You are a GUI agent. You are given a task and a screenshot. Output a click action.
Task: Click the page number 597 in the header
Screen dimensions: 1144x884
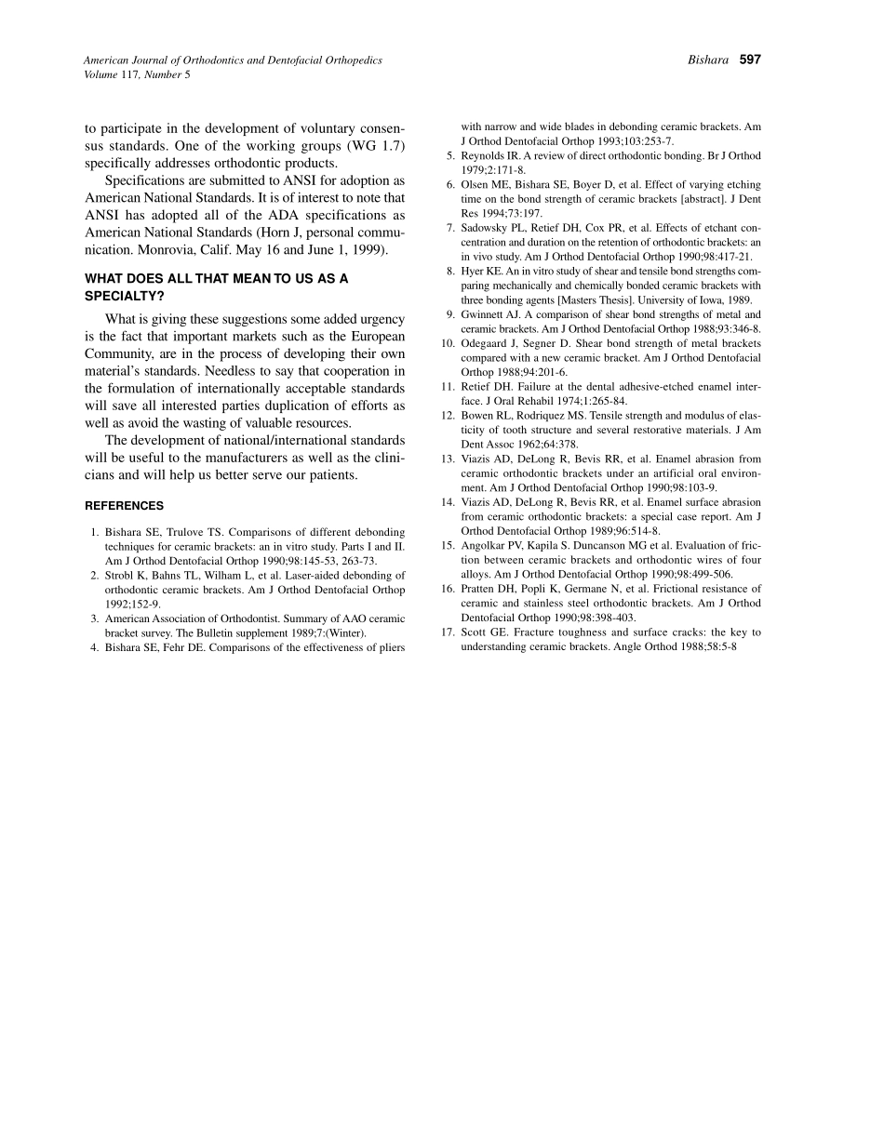tap(750, 60)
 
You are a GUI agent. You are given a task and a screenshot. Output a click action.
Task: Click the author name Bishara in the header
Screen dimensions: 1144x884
tap(708, 60)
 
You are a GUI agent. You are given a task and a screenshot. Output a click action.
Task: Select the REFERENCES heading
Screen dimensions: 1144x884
tap(124, 506)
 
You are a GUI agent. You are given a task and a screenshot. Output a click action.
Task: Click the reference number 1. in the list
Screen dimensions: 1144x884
tap(95, 532)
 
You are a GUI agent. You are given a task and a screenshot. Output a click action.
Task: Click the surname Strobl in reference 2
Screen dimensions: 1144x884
tap(120, 576)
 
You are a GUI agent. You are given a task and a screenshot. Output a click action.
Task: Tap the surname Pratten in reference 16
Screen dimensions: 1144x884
tap(481, 589)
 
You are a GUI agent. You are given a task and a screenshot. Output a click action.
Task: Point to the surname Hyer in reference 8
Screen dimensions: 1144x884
tap(472, 272)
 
